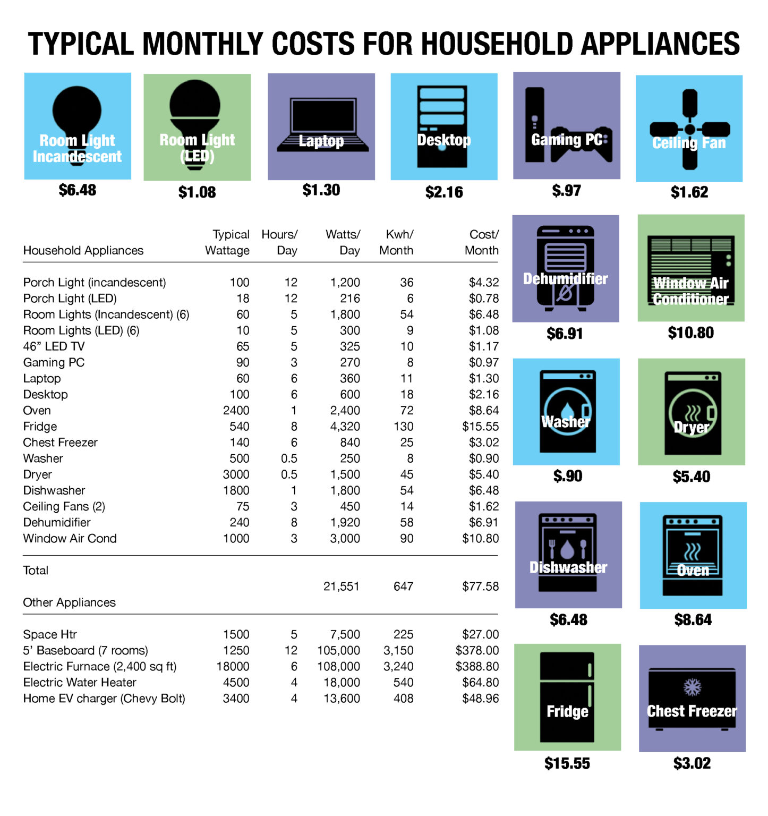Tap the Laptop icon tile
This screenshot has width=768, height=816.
[321, 126]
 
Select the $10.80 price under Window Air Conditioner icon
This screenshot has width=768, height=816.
[690, 333]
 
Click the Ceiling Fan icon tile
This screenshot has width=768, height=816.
[689, 129]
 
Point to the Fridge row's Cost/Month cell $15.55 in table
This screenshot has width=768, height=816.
[480, 427]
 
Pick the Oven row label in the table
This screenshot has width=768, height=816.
[37, 411]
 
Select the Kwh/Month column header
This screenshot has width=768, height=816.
[396, 242]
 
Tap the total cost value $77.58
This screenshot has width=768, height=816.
[480, 586]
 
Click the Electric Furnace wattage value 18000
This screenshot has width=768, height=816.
[233, 667]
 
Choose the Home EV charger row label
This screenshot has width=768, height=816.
[104, 699]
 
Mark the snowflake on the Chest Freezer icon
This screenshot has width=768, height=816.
[692, 687]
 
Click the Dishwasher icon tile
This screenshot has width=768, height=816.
[568, 555]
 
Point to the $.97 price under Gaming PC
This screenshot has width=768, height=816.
[566, 191]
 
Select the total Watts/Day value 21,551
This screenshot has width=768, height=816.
[342, 586]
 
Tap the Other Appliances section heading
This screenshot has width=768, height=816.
[70, 602]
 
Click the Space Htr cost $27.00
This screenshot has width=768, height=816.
[480, 635]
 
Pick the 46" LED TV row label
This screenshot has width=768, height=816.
[54, 347]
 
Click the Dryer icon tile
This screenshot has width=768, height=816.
[692, 412]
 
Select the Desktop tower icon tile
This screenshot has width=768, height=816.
[444, 126]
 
